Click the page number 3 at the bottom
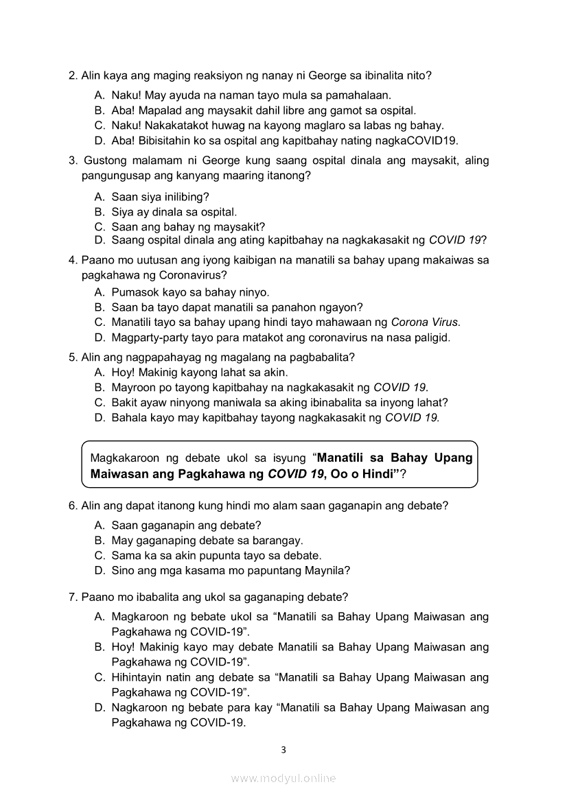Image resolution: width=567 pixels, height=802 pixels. point(283,749)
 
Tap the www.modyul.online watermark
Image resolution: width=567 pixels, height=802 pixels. point(283,778)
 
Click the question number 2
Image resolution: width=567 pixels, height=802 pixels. point(73,75)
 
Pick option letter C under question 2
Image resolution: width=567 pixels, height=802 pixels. point(99,126)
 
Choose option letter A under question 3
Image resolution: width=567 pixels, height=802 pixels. point(99,196)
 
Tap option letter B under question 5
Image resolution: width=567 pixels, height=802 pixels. point(99,387)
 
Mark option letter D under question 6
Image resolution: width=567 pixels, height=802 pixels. point(99,570)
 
